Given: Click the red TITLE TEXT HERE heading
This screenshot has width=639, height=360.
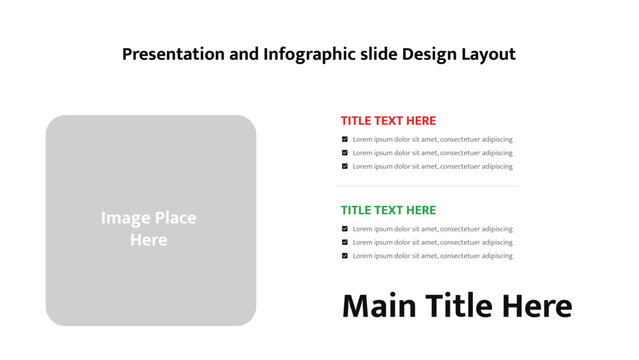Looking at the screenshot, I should coord(388,120).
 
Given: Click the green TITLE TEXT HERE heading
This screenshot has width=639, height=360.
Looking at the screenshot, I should coord(388,210).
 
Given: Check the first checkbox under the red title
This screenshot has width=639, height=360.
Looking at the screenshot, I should coord(345,139).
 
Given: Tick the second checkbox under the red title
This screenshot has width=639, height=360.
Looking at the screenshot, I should coord(345,153).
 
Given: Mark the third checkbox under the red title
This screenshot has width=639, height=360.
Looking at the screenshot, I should coord(345,166).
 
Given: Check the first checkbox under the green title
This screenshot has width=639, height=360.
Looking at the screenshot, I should coord(345,229).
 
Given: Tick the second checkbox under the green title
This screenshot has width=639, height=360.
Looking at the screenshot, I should coord(345,242).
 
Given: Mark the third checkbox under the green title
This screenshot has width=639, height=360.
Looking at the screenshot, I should coord(345,256).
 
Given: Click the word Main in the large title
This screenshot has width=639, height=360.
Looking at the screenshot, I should coord(378,306).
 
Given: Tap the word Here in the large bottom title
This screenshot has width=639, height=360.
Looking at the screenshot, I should coord(537,306).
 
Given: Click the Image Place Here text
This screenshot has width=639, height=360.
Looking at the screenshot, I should coord(148,229).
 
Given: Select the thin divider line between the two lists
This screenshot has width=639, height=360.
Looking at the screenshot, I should coord(427,186).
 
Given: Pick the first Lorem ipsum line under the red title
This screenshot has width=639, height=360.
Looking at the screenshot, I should coord(432,139).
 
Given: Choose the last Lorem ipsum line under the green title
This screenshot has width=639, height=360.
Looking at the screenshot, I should coord(432,256).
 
